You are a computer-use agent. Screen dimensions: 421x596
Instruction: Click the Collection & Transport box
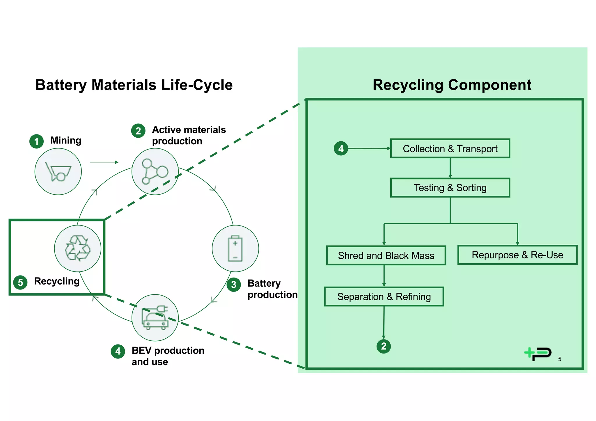click(450, 149)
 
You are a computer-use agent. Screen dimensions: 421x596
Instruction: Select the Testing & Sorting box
click(450, 188)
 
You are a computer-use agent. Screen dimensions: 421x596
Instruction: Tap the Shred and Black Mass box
click(386, 255)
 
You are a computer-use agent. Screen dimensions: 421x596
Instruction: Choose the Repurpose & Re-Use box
click(517, 255)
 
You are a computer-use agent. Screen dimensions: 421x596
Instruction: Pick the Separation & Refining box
click(384, 296)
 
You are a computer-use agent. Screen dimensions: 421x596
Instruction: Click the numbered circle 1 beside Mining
click(36, 141)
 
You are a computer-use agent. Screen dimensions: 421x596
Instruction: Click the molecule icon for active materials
click(155, 172)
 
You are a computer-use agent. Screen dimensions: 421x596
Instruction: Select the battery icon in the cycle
click(235, 248)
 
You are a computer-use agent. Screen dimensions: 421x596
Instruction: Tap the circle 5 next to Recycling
click(20, 282)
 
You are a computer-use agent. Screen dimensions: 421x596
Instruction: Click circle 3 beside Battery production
click(234, 285)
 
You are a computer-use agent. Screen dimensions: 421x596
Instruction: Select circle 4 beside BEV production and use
click(118, 351)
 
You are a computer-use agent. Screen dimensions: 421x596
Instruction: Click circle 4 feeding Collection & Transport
click(341, 149)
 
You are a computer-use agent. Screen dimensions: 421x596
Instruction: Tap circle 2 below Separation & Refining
click(384, 346)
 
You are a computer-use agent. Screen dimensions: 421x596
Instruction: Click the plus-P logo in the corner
click(538, 354)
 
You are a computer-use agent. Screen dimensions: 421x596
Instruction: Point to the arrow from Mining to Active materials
click(104, 162)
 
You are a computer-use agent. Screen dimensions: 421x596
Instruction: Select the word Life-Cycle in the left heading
click(197, 85)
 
